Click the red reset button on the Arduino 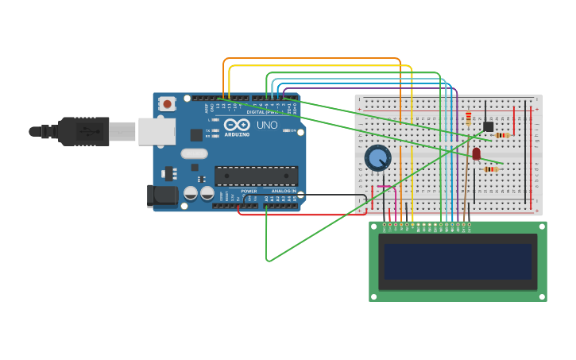(x=167, y=104)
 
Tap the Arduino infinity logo (x=236, y=125)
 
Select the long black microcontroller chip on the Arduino (x=256, y=176)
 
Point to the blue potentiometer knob (x=377, y=158)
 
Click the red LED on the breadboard (x=476, y=153)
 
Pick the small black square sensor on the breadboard (x=488, y=126)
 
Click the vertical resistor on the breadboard (x=469, y=118)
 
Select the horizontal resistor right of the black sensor (x=502, y=135)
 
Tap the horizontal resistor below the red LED (x=491, y=169)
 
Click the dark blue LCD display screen (x=457, y=261)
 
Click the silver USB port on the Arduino (x=157, y=131)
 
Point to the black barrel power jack (x=163, y=195)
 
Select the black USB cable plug (x=83, y=131)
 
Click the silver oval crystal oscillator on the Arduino (x=194, y=154)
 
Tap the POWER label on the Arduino (x=249, y=192)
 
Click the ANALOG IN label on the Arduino (x=284, y=192)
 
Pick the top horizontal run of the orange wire (x=310, y=59)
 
